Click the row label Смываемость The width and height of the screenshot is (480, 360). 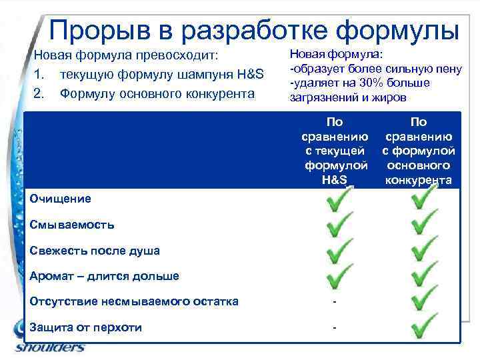pos(72,225)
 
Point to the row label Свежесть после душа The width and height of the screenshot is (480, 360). pos(95,251)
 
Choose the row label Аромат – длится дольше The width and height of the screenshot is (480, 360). pos(105,276)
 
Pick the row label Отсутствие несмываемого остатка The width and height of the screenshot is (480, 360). pos(134,301)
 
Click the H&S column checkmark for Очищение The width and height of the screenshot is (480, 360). pos(339,201)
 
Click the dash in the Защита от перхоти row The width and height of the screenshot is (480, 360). pos(335,327)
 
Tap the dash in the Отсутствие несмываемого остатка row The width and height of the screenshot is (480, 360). pos(335,302)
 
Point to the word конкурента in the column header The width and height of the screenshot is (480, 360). pos(419,180)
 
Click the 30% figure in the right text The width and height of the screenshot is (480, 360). pos(363,83)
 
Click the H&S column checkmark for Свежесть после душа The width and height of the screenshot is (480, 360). pos(339,251)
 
